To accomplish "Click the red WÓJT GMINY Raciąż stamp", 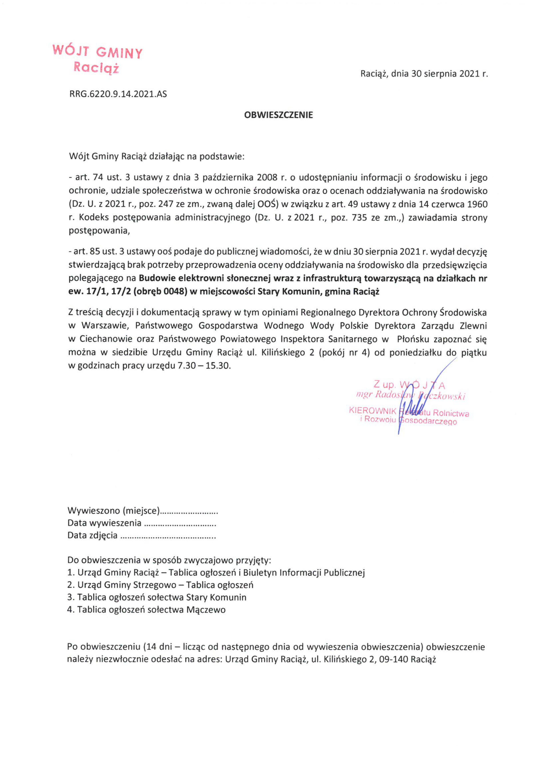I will point(98,59).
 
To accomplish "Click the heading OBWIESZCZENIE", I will point(278,115).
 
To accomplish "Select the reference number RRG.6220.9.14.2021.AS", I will point(118,94).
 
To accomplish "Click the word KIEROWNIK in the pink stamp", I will point(373,411).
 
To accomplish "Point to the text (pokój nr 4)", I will point(344,352).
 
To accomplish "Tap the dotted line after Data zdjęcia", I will point(168,536).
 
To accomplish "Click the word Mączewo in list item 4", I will point(206,610).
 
